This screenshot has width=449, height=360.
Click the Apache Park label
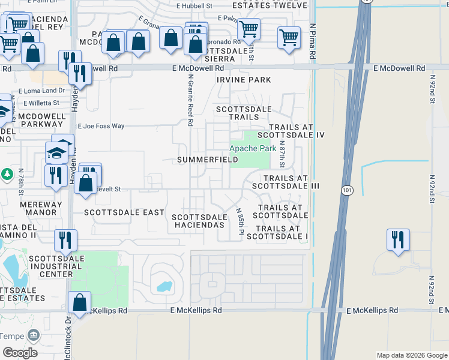point(253,148)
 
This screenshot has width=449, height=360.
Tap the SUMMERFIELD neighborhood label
point(208,160)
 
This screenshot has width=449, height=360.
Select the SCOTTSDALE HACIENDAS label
point(200,221)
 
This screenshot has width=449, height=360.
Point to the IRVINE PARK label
point(244,80)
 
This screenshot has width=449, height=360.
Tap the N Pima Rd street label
point(313,45)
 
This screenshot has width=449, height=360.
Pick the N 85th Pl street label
point(241,221)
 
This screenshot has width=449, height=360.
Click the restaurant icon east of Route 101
point(398,240)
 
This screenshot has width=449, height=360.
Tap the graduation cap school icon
point(56,152)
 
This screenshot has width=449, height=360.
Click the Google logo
point(20,352)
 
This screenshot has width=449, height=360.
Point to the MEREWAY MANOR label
point(41,208)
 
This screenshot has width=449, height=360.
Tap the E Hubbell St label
point(194,5)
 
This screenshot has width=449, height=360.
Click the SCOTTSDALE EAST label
point(124,212)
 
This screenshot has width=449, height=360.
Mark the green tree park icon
point(7,174)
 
